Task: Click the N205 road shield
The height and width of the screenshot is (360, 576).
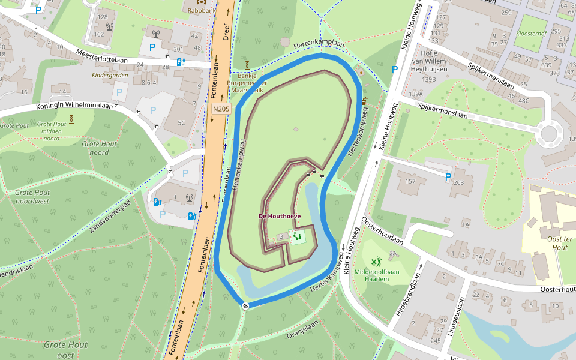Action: (x=221, y=109)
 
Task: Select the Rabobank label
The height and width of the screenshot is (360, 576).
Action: (x=200, y=10)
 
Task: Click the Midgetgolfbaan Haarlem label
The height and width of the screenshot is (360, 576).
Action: (x=376, y=275)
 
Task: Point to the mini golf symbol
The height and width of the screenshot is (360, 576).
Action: (x=376, y=262)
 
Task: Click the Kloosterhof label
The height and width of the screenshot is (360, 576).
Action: (x=531, y=34)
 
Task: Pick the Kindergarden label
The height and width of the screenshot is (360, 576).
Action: (x=110, y=76)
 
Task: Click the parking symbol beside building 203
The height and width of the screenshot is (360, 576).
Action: (x=448, y=177)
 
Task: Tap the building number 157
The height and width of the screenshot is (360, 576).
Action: (x=410, y=181)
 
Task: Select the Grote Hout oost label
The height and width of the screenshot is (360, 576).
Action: (x=65, y=350)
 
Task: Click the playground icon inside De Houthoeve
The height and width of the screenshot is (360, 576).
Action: (x=297, y=237)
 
